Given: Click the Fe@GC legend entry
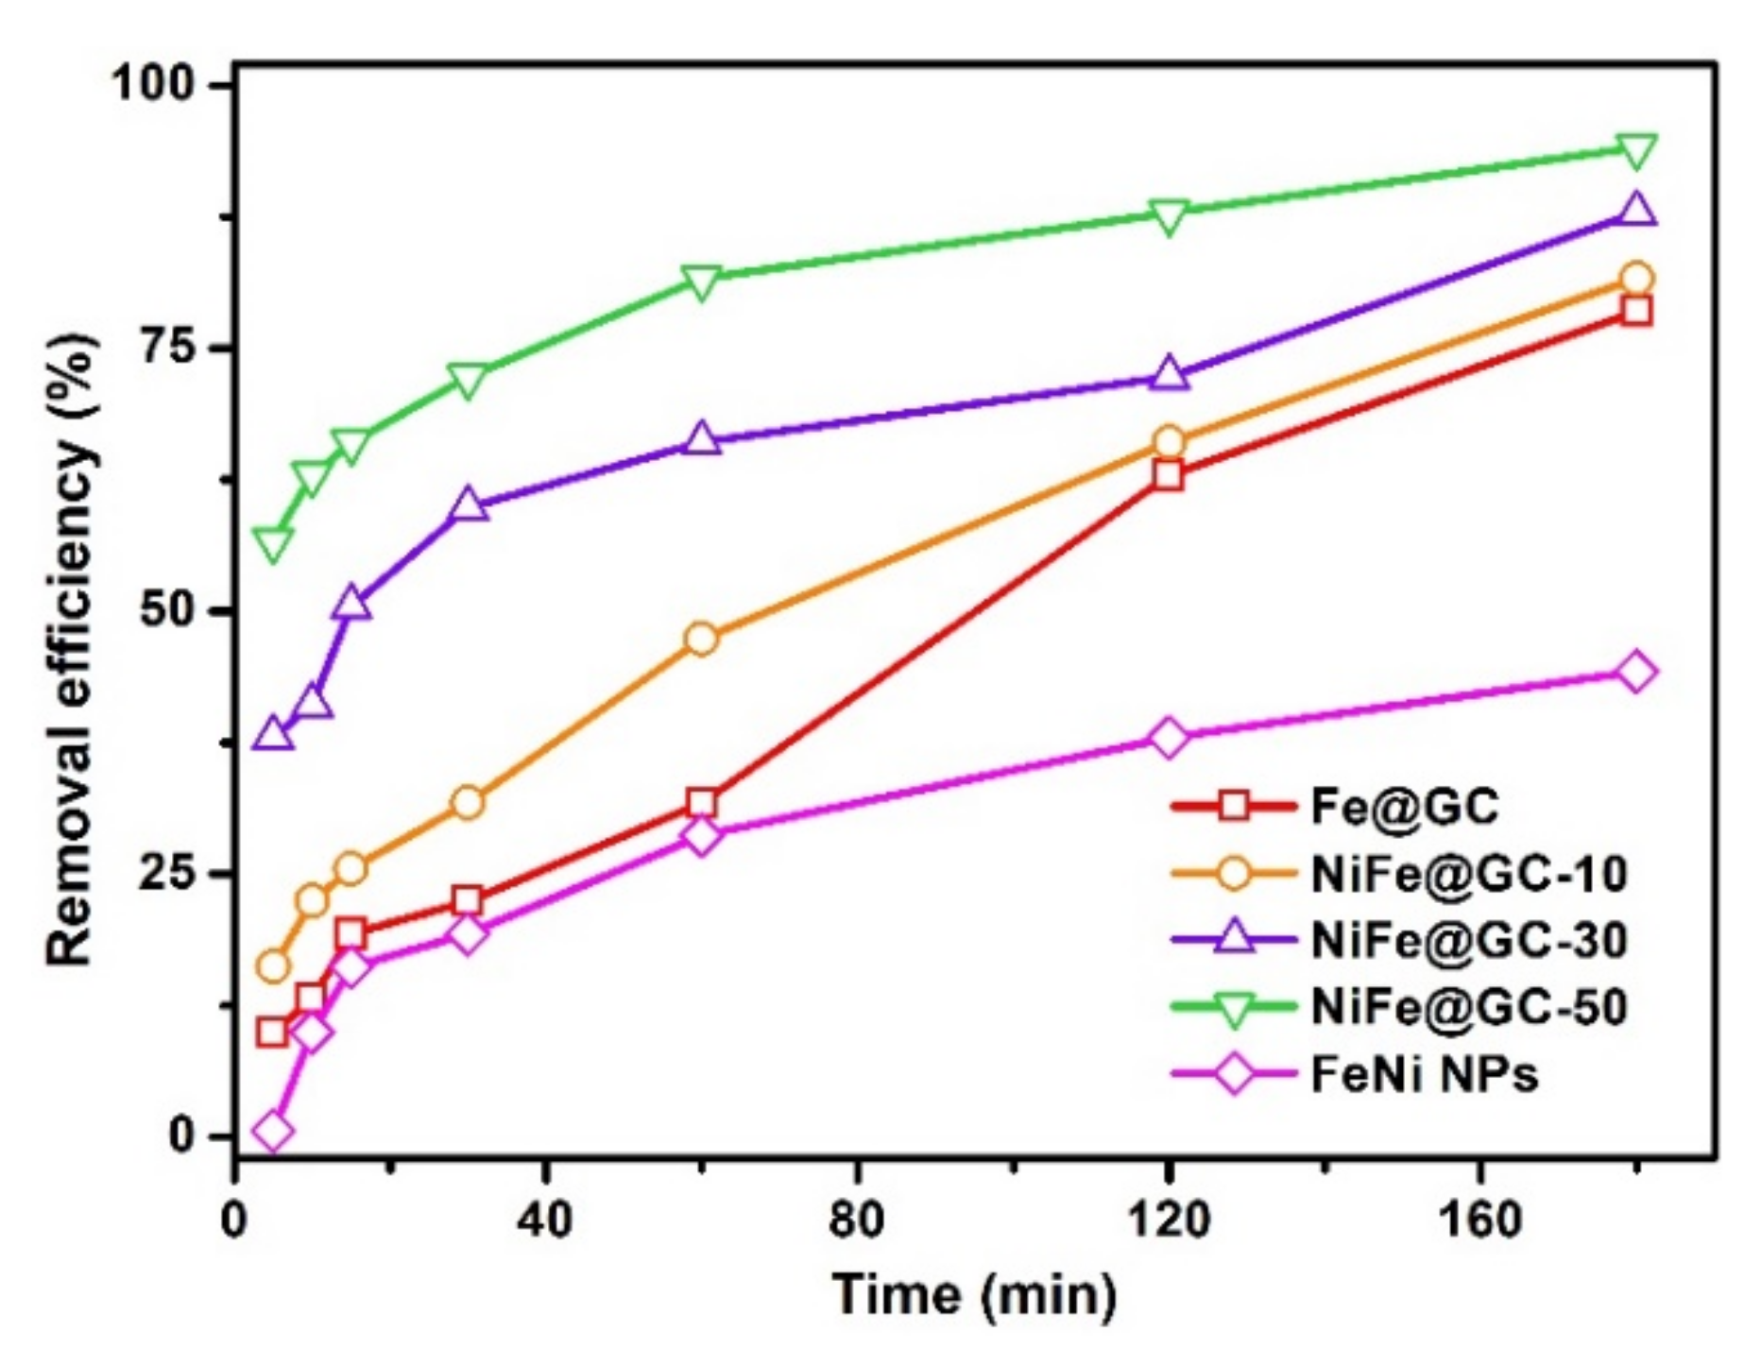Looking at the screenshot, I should (1404, 806).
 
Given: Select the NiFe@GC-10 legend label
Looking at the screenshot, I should (1468, 873).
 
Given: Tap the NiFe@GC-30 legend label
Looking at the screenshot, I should (1468, 939).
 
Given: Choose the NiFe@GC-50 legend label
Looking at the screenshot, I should (1468, 1006).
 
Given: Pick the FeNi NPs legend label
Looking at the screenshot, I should (1424, 1074).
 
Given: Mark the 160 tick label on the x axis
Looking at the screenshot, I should (1479, 1220).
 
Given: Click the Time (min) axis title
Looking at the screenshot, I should (974, 1293).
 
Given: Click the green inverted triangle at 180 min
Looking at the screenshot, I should (1636, 150).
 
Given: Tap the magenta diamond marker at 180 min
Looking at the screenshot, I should (1636, 672).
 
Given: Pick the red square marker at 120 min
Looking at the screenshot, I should (1169, 474).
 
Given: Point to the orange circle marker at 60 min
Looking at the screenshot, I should (701, 640).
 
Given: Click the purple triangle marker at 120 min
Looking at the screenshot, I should (1169, 374).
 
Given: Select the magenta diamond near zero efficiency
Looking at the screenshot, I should (273, 1131).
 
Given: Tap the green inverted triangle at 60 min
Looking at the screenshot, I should (701, 282).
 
